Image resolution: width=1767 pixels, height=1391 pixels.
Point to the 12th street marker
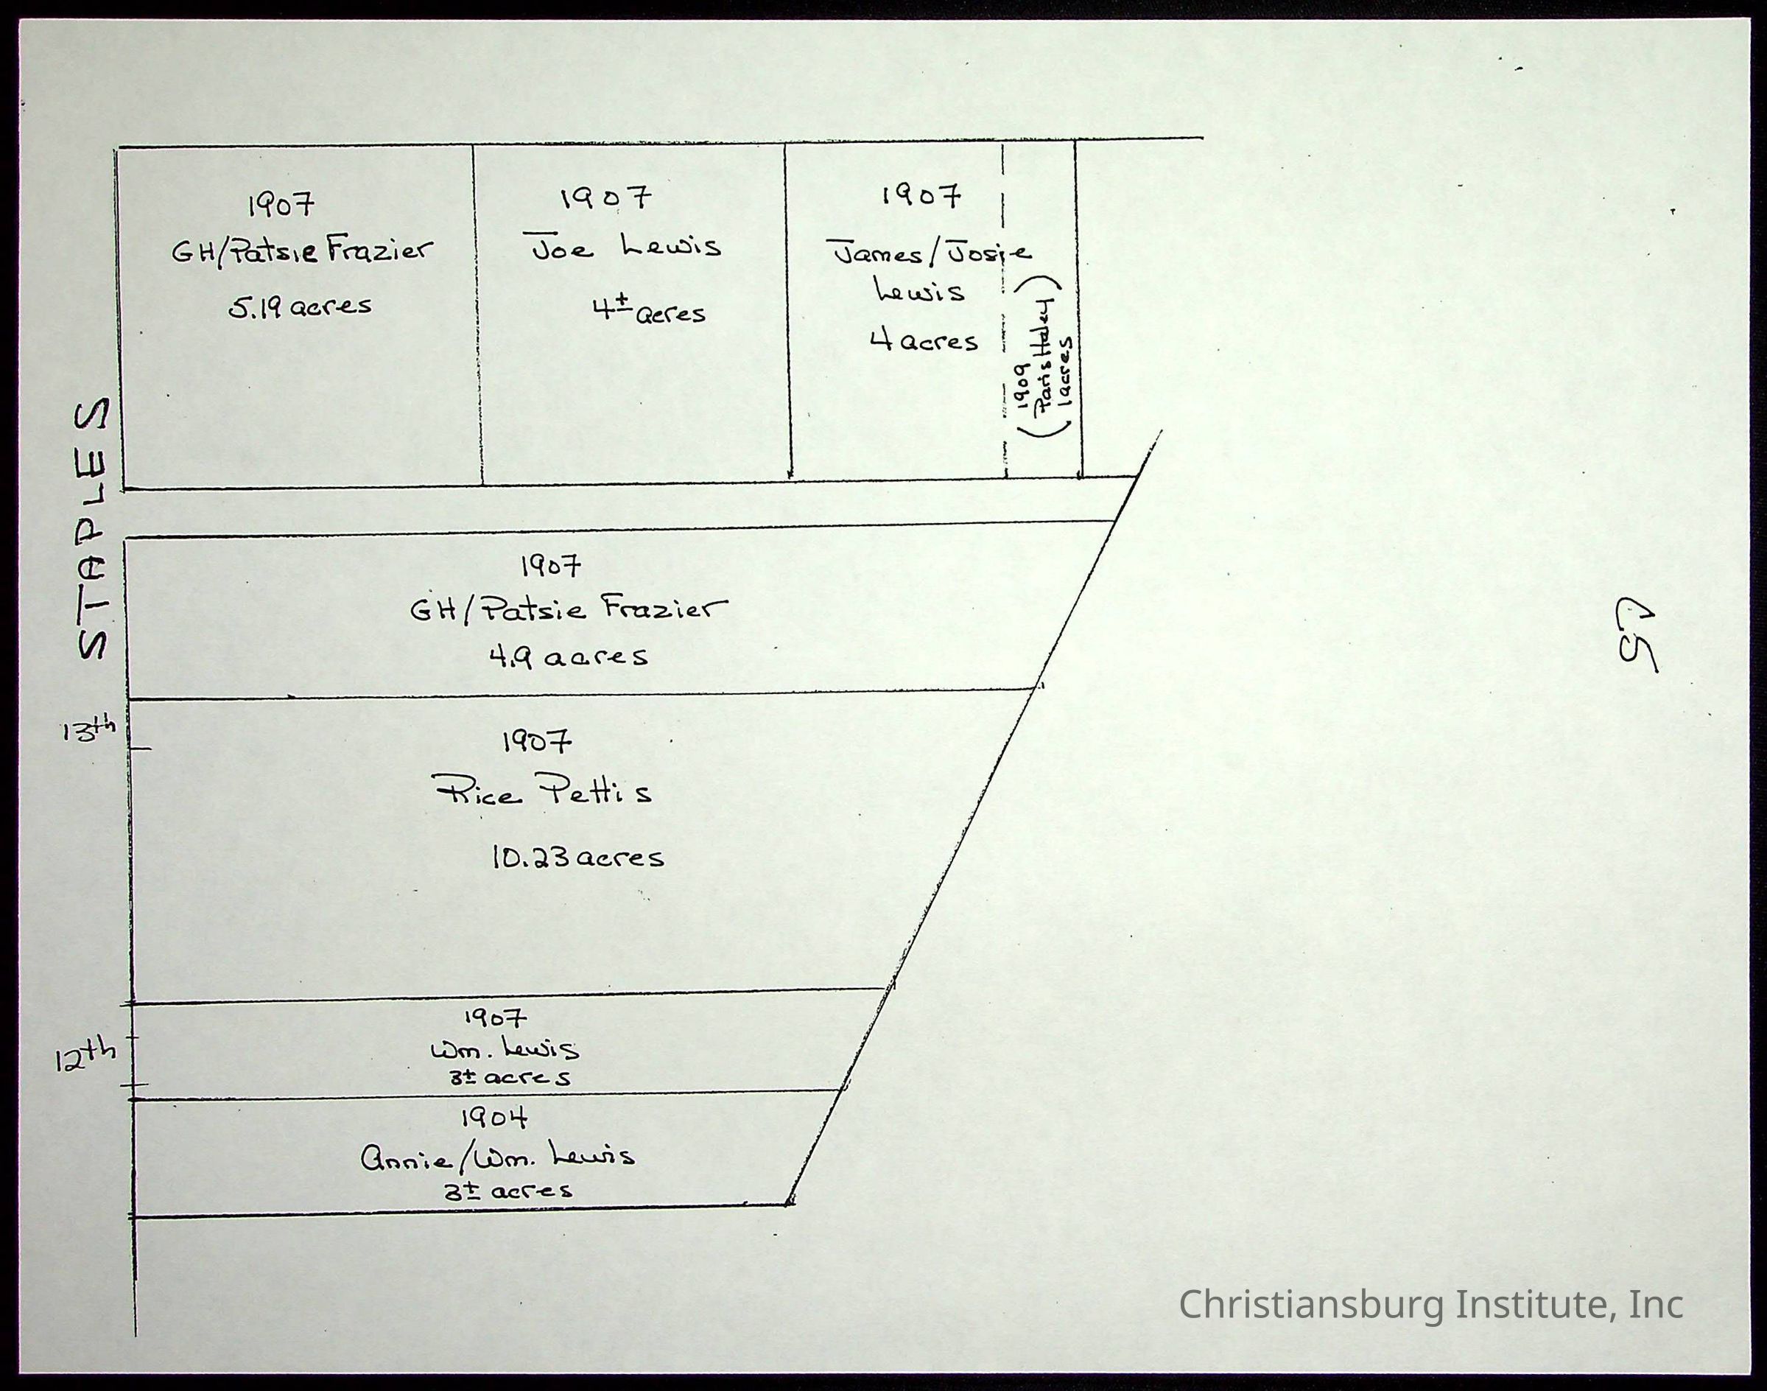(85, 1059)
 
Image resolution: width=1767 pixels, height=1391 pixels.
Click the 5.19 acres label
(300, 306)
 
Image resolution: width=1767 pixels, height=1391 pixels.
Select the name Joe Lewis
(626, 247)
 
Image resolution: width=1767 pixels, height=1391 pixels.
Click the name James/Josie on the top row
(929, 253)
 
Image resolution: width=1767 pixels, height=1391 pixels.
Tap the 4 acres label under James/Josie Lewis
(924, 340)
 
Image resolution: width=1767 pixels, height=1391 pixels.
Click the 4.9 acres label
(569, 656)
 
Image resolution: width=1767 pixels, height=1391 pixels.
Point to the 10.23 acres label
(577, 857)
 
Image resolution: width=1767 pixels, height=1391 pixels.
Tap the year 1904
(494, 1118)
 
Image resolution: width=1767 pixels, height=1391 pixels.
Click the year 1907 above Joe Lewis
(606, 197)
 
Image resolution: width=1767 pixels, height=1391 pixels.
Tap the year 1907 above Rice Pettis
(537, 741)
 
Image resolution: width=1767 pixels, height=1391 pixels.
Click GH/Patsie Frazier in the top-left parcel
(302, 250)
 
